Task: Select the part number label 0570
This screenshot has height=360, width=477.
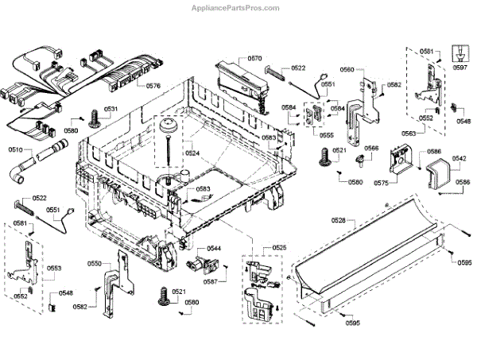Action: [254, 58]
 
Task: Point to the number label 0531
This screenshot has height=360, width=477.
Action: [111, 109]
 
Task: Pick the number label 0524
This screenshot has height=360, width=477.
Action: [192, 153]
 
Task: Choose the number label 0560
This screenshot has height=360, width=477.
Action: [347, 70]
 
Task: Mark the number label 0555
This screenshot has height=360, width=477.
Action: [327, 135]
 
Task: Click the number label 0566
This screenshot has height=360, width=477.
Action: [371, 149]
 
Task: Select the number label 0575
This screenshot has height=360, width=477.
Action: [381, 183]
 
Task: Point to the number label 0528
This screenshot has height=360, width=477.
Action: [339, 219]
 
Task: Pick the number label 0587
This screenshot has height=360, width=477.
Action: [210, 281]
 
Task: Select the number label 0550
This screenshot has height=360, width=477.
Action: [94, 263]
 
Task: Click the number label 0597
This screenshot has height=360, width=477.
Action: [460, 68]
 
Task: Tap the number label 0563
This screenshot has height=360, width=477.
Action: [408, 134]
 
